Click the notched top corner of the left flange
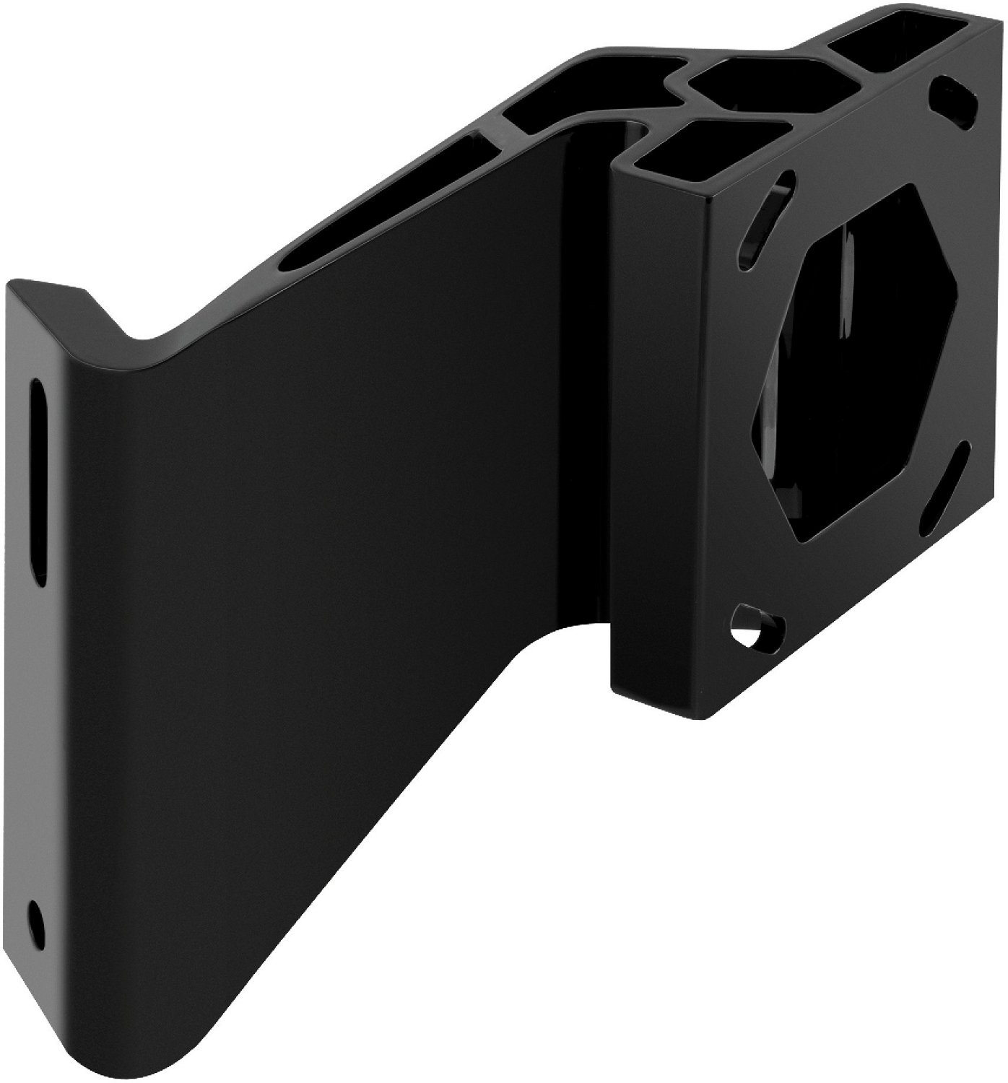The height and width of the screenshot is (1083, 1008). tap(79, 292)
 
